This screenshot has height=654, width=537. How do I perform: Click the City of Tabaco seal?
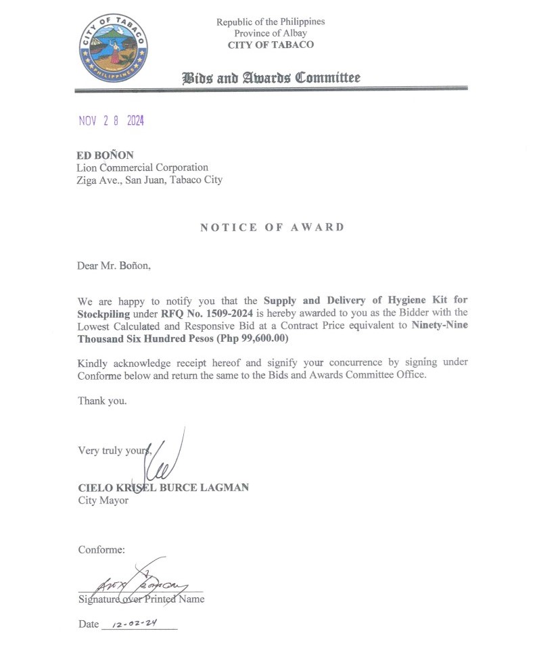tap(114, 48)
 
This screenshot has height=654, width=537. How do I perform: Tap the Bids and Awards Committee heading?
tap(271, 78)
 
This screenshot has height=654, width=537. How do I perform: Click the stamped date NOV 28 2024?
tap(112, 121)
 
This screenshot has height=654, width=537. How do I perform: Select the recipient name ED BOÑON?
tap(105, 155)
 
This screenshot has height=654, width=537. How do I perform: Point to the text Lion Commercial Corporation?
tap(142, 168)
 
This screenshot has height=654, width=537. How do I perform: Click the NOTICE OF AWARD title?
tap(272, 227)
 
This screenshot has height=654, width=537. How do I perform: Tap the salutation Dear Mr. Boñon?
tap(114, 266)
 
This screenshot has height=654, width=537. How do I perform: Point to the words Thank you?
tap(102, 401)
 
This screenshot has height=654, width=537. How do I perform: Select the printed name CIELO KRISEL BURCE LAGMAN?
tap(163, 487)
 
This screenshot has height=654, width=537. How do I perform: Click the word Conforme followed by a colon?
tap(101, 550)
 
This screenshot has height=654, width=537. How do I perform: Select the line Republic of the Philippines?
tap(271, 22)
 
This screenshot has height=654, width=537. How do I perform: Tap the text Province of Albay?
tap(271, 33)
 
